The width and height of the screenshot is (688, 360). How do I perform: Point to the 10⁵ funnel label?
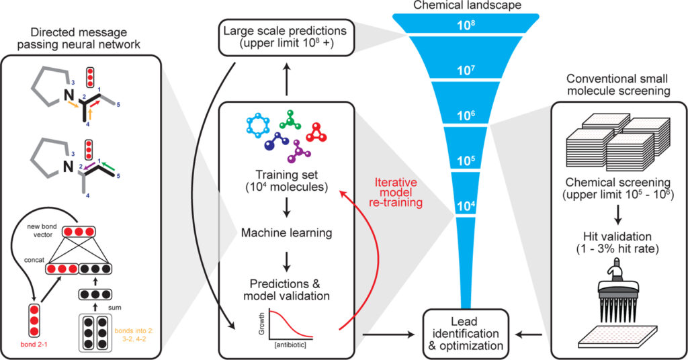tap(464, 161)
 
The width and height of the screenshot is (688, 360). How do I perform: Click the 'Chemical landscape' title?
tap(464, 6)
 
